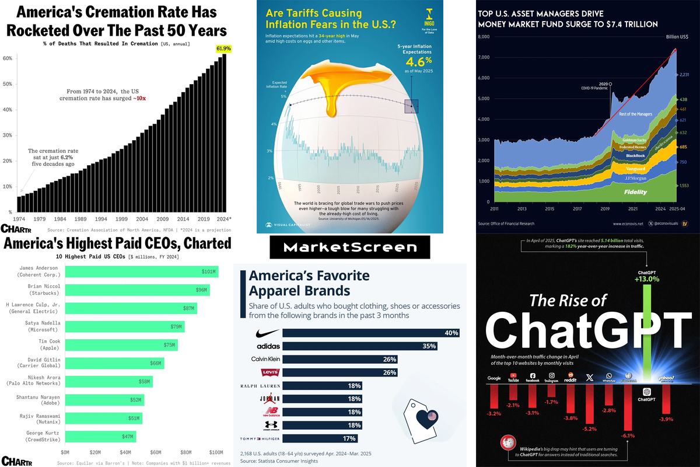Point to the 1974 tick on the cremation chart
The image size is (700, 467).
[20, 219]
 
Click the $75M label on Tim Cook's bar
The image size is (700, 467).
[169, 345]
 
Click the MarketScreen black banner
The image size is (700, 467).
[350, 248]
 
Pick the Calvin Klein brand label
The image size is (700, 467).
[266, 359]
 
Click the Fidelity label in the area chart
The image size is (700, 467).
[636, 192]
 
